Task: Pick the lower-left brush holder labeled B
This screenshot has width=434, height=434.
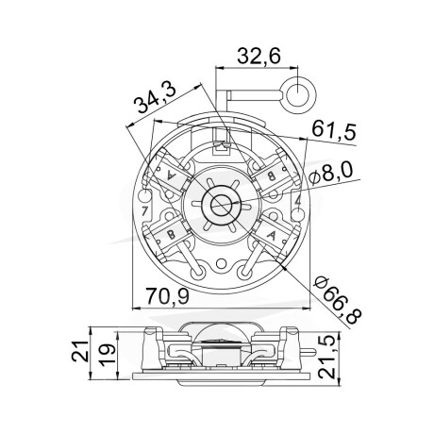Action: click(x=172, y=234)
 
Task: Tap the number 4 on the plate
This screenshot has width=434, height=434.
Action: click(x=298, y=202)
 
